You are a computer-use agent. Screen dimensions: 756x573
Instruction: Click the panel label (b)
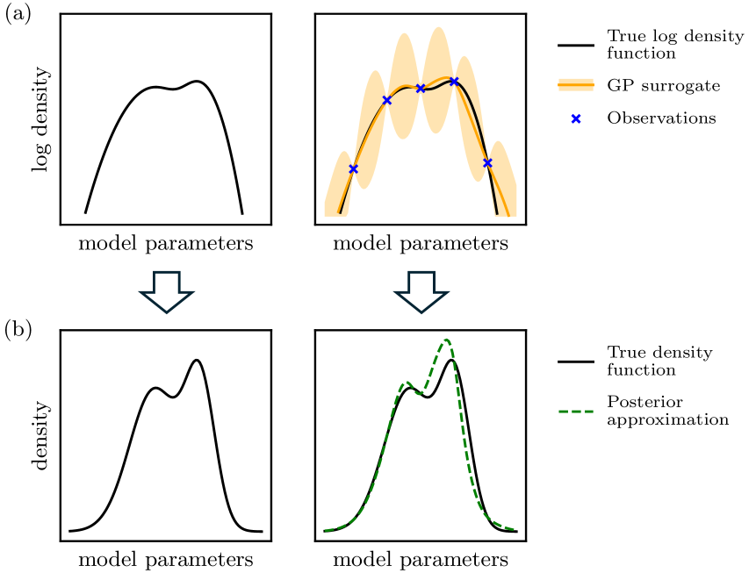(18, 330)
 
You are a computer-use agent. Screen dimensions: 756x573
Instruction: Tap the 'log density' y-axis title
(41, 119)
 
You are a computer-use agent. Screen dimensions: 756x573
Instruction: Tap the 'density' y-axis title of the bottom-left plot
(41, 435)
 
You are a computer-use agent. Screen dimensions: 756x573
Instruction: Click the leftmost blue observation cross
(353, 168)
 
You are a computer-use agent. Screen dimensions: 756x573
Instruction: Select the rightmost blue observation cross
(487, 163)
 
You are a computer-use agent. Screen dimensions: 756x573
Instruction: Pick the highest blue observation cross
(454, 81)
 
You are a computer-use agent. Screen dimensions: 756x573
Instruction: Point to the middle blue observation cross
(421, 89)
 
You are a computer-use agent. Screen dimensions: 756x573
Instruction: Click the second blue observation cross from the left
(386, 100)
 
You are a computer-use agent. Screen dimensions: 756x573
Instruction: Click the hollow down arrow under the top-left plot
(166, 291)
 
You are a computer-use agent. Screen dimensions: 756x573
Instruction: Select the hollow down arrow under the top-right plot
(421, 291)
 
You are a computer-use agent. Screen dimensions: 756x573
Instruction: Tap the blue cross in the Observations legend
(576, 118)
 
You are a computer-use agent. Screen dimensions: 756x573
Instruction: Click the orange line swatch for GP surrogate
(576, 85)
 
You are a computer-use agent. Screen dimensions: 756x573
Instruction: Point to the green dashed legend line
(576, 412)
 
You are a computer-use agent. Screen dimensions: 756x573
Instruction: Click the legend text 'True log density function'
(675, 45)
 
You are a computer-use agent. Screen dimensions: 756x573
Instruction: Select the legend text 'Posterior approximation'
(668, 411)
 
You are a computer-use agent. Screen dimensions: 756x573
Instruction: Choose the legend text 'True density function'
(659, 361)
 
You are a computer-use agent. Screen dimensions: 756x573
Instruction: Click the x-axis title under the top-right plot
(421, 244)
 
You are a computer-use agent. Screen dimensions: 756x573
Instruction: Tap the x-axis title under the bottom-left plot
(166, 560)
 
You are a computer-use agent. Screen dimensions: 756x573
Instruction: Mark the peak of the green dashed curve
(446, 340)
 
